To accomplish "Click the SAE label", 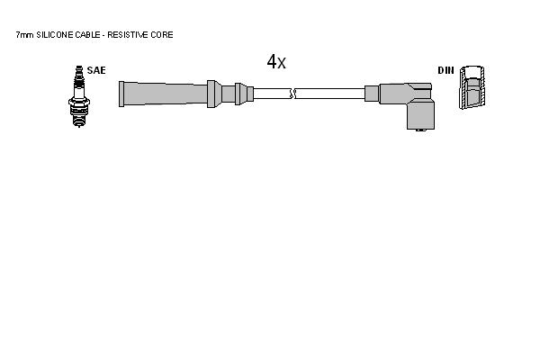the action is tap(96, 70).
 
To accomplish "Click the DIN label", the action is tap(446, 70).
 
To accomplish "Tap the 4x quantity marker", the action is tap(276, 62).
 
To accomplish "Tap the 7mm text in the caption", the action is tap(25, 35).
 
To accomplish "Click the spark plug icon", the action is tap(79, 96).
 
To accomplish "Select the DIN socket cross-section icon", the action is tap(472, 87).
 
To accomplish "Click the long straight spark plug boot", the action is tap(163, 94).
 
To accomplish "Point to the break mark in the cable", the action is tap(292, 94).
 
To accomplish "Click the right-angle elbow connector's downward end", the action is tap(420, 116).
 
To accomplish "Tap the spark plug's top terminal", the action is tap(79, 68).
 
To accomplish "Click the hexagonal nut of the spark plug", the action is tap(79, 102).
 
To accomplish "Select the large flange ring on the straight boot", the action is tap(211, 94).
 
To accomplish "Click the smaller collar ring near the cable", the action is tap(239, 94).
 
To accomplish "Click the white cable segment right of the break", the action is tap(330, 94).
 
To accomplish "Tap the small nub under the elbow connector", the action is tap(420, 130).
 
